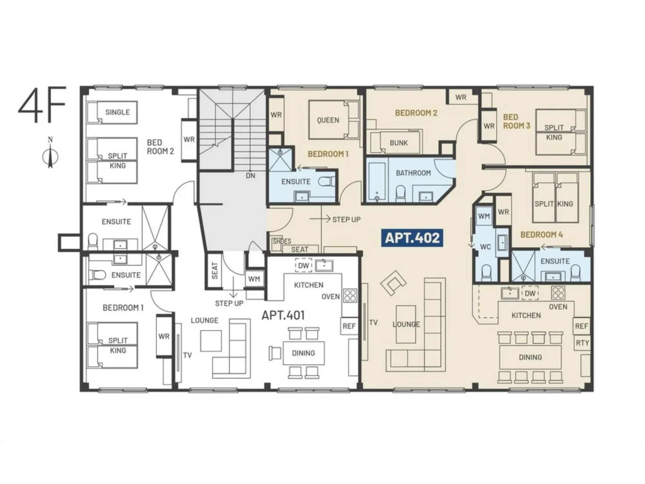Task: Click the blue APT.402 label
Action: [412, 238]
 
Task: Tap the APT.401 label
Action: [283, 315]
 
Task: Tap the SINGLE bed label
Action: [118, 112]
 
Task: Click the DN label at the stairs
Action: [250, 175]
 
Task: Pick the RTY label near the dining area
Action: [582, 343]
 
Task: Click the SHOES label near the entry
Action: [282, 241]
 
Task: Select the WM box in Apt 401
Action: [254, 279]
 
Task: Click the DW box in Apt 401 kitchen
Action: [304, 265]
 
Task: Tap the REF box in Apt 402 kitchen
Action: [581, 326]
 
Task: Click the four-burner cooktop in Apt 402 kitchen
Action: [558, 292]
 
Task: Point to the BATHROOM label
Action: [413, 173]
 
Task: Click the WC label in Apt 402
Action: [485, 247]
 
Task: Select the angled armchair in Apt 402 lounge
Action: [393, 282]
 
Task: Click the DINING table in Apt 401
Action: [303, 353]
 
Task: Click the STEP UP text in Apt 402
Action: [346, 219]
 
